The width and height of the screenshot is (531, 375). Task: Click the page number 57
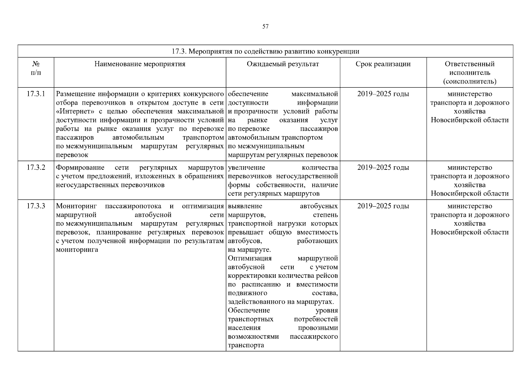click(x=265, y=27)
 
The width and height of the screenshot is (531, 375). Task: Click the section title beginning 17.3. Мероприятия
click(x=265, y=51)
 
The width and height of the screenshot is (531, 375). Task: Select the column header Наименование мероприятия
click(x=140, y=64)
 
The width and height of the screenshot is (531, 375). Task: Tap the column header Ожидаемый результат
click(x=283, y=64)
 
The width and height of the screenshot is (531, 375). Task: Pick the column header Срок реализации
click(x=383, y=64)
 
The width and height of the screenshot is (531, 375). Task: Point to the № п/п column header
click(x=36, y=68)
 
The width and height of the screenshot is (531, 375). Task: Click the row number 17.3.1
click(x=36, y=94)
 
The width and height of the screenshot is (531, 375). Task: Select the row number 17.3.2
click(x=36, y=167)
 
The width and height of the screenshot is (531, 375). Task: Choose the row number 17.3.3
click(x=36, y=206)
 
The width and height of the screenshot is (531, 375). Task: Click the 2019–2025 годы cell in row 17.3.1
click(x=383, y=94)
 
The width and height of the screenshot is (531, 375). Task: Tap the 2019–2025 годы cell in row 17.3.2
click(x=383, y=167)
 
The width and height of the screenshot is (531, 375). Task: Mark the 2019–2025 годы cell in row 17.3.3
click(x=383, y=206)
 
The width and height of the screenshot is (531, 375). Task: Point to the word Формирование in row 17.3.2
click(x=80, y=167)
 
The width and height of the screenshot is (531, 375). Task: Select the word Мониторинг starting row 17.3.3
click(x=76, y=206)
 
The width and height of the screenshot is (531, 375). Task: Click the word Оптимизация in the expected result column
click(x=250, y=258)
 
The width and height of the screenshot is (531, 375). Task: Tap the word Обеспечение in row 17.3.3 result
click(x=249, y=310)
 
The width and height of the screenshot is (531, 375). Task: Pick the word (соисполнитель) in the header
click(x=469, y=82)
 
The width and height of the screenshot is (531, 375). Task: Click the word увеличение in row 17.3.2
click(x=247, y=167)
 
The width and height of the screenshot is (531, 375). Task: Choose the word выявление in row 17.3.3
click(x=245, y=206)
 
